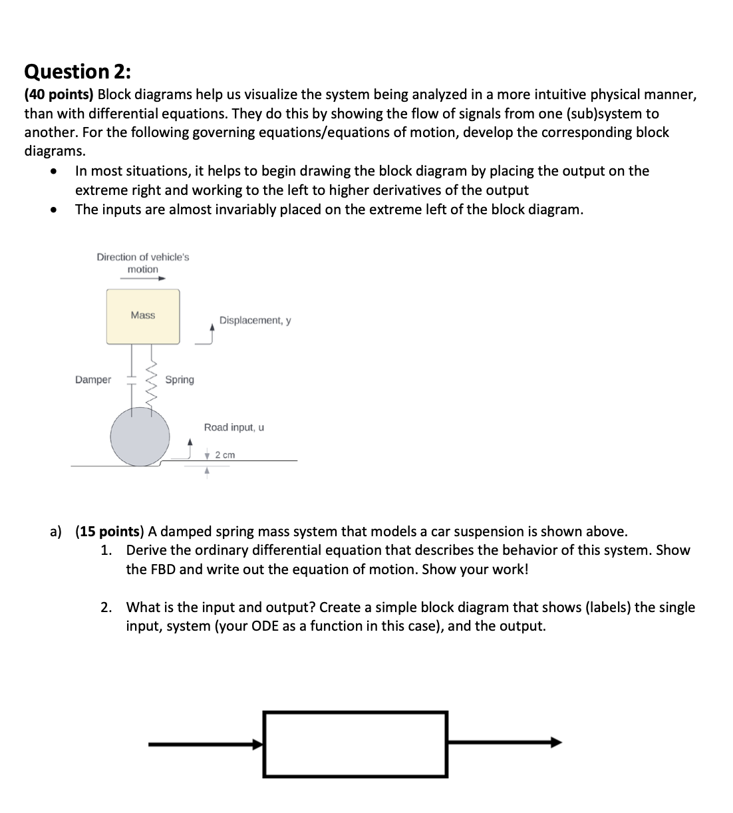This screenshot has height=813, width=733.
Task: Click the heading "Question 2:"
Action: pos(78,71)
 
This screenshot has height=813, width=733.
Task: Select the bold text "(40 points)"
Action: pos(59,94)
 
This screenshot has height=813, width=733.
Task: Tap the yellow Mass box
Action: pos(143,316)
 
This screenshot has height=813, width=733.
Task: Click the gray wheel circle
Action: pos(140,436)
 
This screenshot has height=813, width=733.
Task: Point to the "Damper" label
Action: pos(93,380)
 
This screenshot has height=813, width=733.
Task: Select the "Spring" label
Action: pos(180,380)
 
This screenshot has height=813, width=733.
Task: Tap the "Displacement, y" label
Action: pos(255,321)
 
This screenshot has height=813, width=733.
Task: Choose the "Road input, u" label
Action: pos(233,427)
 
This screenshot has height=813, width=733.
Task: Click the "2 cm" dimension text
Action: pos(225,455)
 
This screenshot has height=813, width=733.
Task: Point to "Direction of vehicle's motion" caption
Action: pos(143,263)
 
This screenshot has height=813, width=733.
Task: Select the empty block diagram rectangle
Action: pos(355,744)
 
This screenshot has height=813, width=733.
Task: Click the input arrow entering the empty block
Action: pos(206,744)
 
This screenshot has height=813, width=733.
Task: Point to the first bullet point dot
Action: pos(53,172)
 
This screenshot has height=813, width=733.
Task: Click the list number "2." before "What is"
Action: pos(106,607)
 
